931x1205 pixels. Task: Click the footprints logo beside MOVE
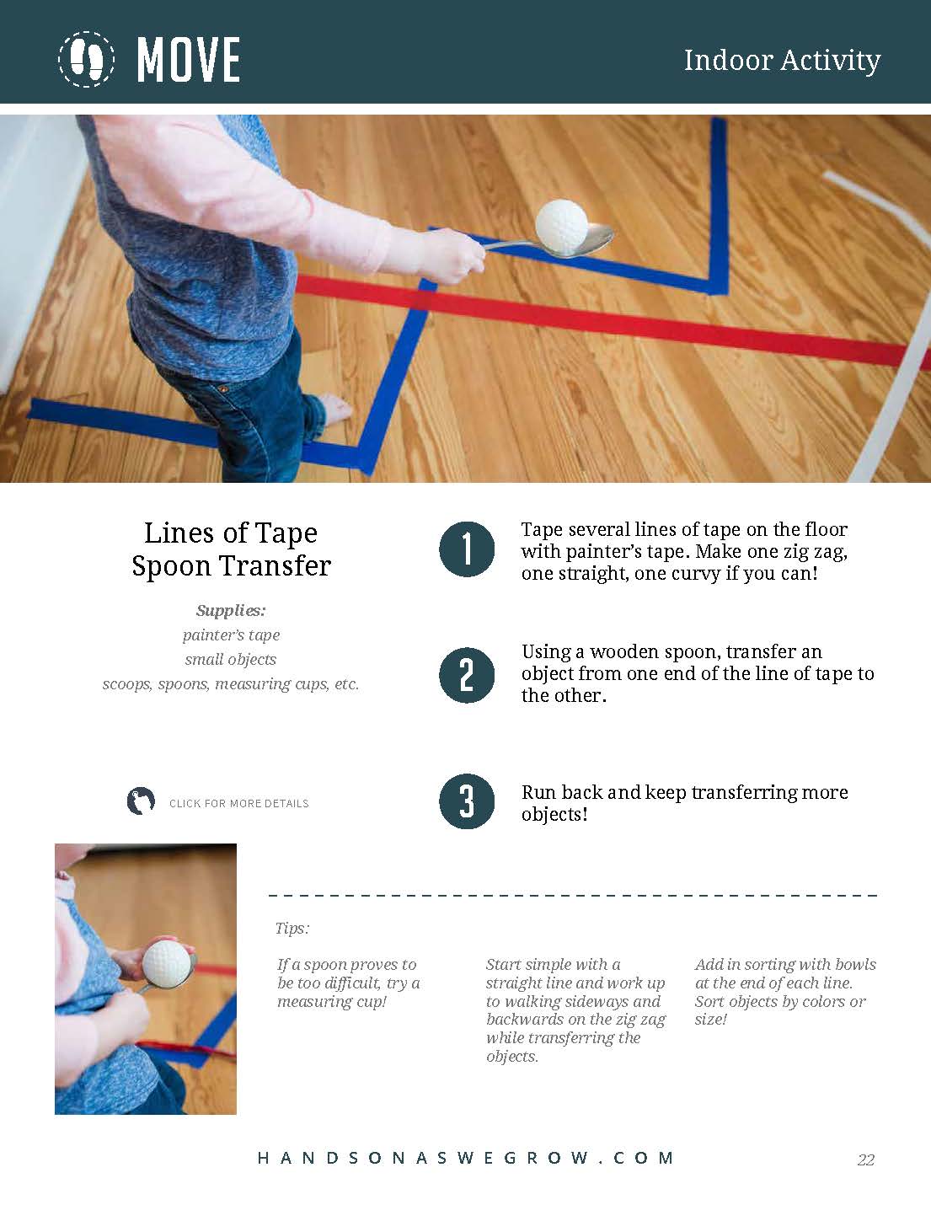[x=86, y=59]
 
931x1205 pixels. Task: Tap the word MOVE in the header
[x=189, y=60]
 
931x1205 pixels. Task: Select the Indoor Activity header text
[x=782, y=61]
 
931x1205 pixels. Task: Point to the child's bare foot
[x=335, y=410]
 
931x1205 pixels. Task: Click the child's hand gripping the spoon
[x=455, y=256]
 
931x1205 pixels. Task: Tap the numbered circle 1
[x=467, y=549]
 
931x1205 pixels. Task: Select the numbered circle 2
[x=467, y=675]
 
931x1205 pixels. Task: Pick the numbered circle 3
[x=467, y=801]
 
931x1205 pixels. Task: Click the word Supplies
[x=231, y=611]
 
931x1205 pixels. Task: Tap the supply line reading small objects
[x=231, y=659]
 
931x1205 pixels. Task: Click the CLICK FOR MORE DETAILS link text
[x=239, y=804]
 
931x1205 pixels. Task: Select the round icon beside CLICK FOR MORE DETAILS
[x=141, y=801]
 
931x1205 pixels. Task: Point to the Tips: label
[x=292, y=929]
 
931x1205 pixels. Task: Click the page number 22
[x=865, y=1159]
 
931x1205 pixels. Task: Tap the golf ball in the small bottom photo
[x=167, y=964]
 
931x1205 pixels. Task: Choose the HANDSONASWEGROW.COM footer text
[x=466, y=1158]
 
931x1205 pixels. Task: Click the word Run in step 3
[x=538, y=792]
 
